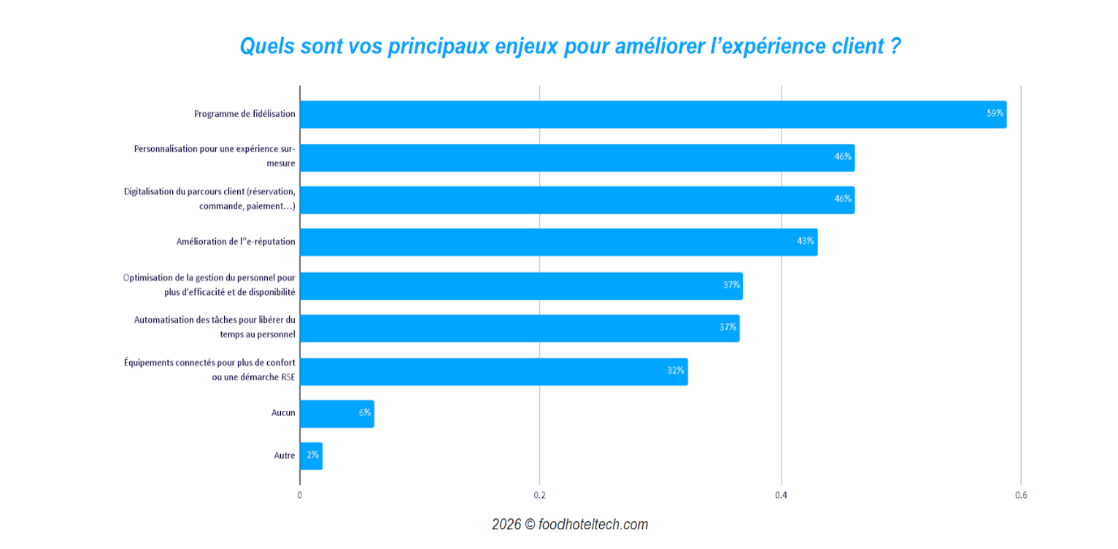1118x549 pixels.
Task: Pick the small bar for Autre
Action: click(311, 456)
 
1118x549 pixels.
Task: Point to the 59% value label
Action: click(995, 114)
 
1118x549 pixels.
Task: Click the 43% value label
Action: click(805, 242)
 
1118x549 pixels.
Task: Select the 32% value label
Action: click(675, 371)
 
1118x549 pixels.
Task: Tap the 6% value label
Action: click(364, 413)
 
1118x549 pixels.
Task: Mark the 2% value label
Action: click(312, 456)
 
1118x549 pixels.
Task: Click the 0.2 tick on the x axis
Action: click(539, 495)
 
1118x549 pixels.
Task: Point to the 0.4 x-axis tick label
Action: click(781, 495)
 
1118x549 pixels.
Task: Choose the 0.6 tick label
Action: click(1020, 495)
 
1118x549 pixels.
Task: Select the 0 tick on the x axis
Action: click(299, 495)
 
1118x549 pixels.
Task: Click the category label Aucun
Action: click(283, 413)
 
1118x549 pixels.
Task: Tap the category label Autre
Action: click(285, 456)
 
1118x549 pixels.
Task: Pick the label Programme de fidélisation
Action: click(244, 114)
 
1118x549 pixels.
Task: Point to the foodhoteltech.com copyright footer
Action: click(569, 525)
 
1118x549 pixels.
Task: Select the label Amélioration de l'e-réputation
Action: click(236, 242)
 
